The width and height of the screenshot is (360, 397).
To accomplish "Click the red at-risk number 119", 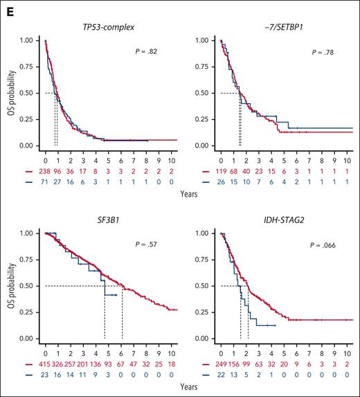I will [222, 168].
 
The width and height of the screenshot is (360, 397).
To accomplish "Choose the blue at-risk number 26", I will [222, 178].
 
